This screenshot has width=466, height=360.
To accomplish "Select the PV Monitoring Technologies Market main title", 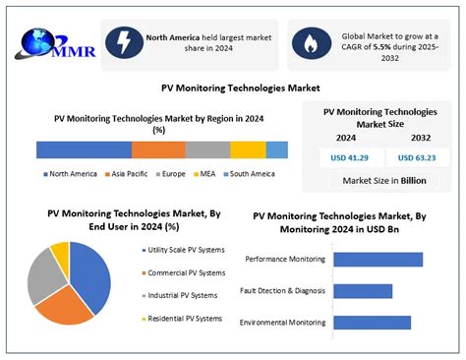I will (233, 88).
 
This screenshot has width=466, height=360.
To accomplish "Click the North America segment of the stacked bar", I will (84, 150).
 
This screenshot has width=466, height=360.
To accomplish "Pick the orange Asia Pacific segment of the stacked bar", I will (157, 150).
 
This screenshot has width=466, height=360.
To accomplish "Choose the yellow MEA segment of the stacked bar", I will (248, 150).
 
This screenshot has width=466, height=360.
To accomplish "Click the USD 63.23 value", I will (416, 157).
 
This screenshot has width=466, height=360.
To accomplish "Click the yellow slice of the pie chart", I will (61, 256).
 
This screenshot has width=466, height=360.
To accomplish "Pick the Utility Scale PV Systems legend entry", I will (184, 250).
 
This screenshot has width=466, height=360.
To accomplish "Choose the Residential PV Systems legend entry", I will (184, 318).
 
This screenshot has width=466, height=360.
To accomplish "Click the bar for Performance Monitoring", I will (378, 260).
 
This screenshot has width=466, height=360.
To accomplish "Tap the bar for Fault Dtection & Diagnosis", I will (363, 291).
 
